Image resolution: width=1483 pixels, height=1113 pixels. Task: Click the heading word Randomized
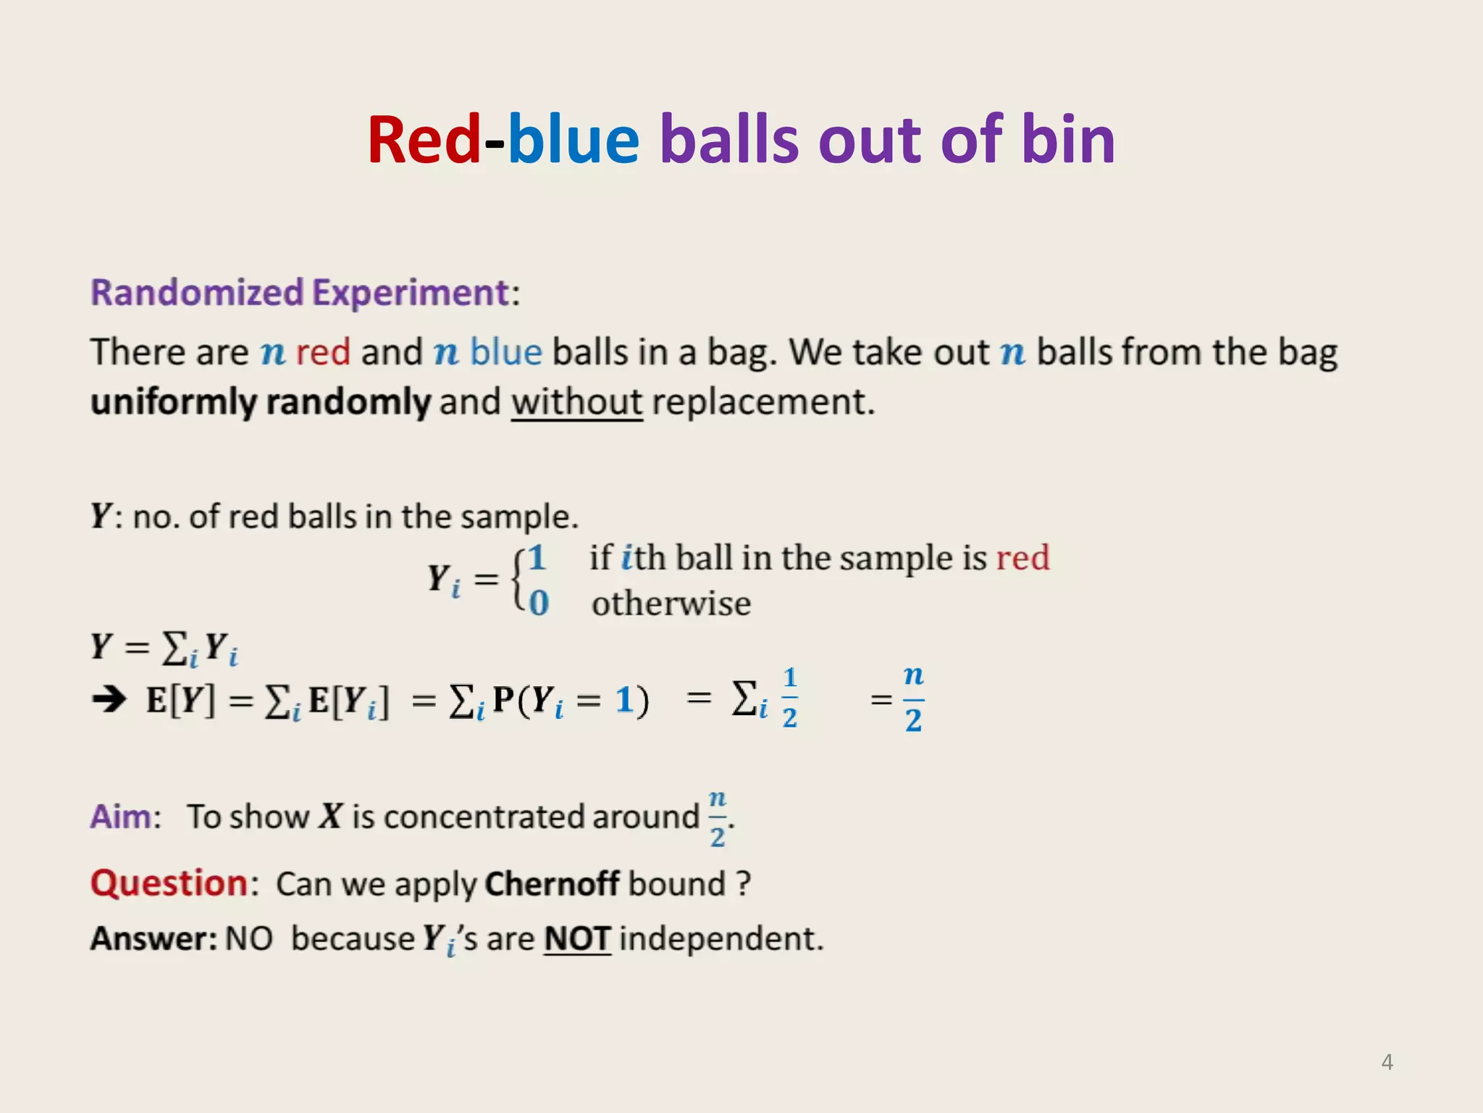coord(197,293)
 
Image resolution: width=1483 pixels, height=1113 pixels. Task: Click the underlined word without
coord(576,402)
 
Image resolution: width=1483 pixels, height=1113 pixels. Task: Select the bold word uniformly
coord(174,402)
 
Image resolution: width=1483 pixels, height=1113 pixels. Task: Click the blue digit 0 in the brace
coord(539,603)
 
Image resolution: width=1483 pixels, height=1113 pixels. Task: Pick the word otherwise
coord(671,604)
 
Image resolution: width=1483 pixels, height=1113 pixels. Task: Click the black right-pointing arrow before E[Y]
coord(109,699)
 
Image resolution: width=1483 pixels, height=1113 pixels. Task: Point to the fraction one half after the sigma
coord(790,699)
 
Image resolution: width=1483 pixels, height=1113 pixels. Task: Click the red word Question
coord(169,884)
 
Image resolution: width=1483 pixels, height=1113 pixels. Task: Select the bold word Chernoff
coord(552,884)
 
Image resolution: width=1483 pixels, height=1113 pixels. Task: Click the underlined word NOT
coord(577,939)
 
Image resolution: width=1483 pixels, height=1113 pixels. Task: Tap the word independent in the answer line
coord(721,939)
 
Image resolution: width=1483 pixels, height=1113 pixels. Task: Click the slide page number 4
coord(1387,1062)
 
